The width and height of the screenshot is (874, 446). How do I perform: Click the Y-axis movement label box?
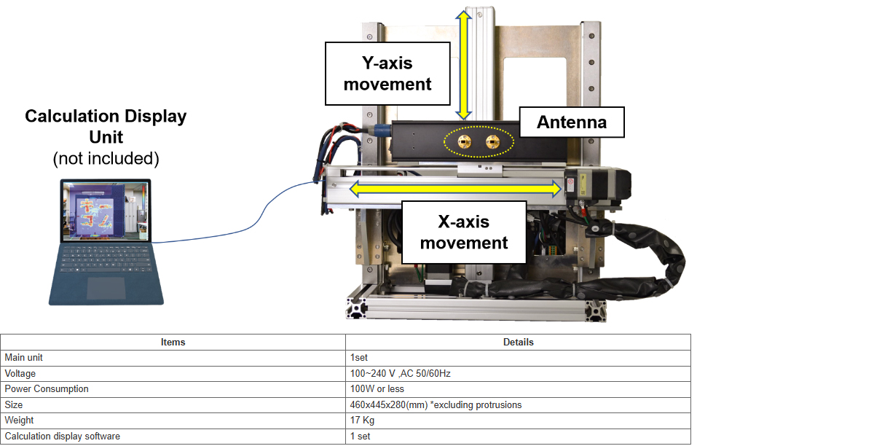(x=387, y=74)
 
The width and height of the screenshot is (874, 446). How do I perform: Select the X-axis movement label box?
(x=464, y=232)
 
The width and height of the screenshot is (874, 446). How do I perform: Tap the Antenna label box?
(x=572, y=122)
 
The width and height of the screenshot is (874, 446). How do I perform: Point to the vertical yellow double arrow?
(x=463, y=65)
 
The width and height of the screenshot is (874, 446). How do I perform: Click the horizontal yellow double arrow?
(x=455, y=189)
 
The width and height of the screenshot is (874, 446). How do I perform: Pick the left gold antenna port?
(x=465, y=142)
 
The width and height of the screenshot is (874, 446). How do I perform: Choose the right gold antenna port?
(x=493, y=142)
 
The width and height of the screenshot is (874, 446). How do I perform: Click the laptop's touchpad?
(x=106, y=288)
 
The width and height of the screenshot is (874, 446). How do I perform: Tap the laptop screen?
(x=106, y=211)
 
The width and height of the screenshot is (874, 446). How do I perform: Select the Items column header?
(x=173, y=342)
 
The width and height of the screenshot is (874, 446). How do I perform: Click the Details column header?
(x=518, y=342)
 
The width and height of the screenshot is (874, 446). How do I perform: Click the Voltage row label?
(x=20, y=374)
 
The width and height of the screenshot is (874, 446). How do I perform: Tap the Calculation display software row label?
(x=63, y=437)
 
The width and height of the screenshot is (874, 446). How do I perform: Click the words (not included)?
(x=106, y=159)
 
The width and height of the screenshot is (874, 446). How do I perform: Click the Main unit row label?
(x=23, y=357)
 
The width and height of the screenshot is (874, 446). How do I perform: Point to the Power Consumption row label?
(x=47, y=389)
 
